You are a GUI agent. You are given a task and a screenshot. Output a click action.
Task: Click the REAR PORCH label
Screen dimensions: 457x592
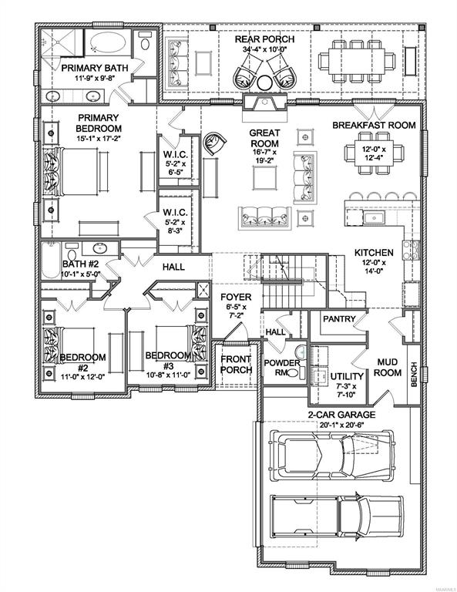point(264,39)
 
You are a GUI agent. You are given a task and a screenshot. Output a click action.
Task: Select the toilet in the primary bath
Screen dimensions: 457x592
point(145,42)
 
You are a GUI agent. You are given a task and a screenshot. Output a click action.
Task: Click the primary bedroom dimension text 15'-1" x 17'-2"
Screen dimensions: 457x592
point(99,138)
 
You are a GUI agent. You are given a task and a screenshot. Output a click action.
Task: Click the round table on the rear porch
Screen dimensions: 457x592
point(264,82)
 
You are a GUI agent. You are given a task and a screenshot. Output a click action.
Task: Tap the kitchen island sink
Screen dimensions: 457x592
point(374,218)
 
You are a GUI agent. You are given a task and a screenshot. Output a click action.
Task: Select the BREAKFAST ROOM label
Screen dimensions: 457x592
point(374,125)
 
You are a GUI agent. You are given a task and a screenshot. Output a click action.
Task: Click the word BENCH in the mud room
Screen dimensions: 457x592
point(414,374)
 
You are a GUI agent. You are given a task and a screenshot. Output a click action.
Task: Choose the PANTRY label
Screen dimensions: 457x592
point(339,319)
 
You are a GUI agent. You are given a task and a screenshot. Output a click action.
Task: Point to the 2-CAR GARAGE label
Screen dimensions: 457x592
point(341,415)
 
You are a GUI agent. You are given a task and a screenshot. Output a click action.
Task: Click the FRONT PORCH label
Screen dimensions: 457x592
point(237,365)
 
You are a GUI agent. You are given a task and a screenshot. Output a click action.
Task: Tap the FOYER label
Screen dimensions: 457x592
point(236,297)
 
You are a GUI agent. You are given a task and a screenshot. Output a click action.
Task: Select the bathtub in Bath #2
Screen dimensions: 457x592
point(51,261)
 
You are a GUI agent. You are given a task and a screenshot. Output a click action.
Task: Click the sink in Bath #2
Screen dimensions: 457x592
point(100,248)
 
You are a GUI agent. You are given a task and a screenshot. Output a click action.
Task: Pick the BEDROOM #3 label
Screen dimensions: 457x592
point(168,361)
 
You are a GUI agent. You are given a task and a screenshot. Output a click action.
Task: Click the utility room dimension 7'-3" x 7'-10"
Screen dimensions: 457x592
point(347,390)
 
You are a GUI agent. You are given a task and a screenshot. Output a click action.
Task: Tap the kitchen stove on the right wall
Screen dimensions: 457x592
point(411,250)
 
